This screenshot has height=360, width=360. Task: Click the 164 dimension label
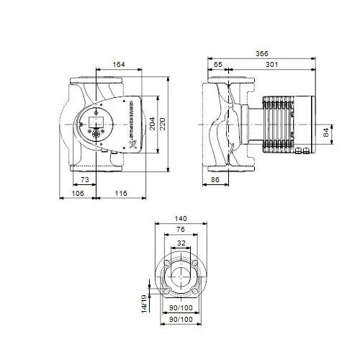[x=119, y=65]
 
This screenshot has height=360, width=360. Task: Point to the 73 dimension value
[x=84, y=179]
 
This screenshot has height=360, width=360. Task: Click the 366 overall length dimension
[x=261, y=53]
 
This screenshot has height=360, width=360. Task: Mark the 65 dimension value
[x=218, y=65]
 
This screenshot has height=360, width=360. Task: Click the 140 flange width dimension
[x=180, y=219]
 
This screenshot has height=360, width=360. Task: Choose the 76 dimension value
[x=180, y=231]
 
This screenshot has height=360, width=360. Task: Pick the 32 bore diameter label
[x=180, y=244]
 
